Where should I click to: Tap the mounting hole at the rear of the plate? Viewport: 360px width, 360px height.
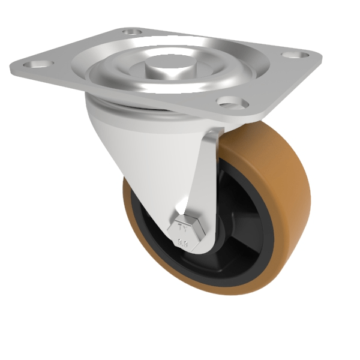click(x=132, y=31)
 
